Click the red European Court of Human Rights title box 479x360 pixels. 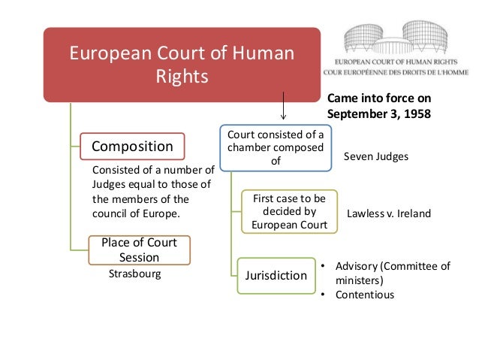(182, 65)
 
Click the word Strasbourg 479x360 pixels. (134, 274)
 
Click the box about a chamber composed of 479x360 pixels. (275, 147)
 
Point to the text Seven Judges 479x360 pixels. (376, 156)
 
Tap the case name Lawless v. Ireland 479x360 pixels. (388, 213)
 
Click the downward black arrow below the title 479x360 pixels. (283, 106)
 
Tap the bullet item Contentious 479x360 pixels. (364, 295)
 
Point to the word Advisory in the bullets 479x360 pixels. (357, 266)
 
